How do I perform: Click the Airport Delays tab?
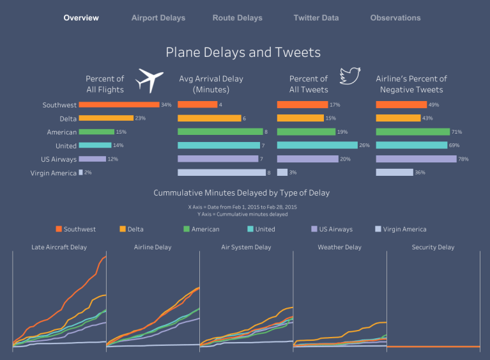(158, 18)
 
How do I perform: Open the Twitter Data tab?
(316, 18)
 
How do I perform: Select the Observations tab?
(395, 18)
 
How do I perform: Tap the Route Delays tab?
(237, 18)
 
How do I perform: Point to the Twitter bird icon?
(350, 75)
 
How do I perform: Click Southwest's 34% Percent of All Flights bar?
(119, 104)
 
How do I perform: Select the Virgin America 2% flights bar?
(80, 173)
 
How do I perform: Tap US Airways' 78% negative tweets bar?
(417, 159)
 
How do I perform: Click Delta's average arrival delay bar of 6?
(209, 118)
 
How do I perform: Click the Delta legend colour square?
(123, 229)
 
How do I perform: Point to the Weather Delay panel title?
(339, 247)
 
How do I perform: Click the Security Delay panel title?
(433, 247)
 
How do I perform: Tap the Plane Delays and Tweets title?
(243, 52)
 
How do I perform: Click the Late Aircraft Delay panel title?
(59, 247)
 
